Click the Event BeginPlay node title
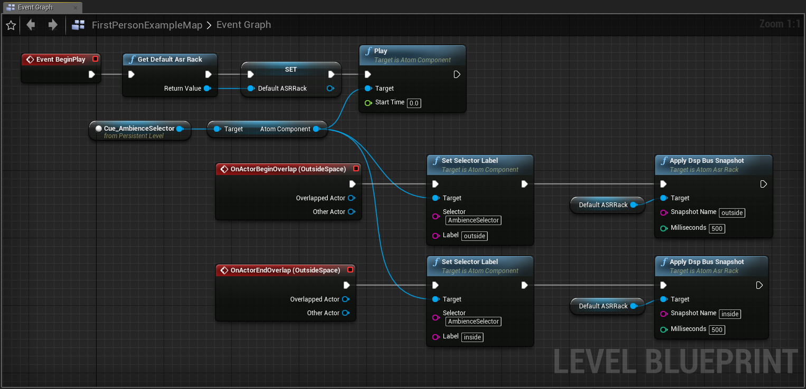tap(61, 59)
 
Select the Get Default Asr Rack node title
tap(170, 59)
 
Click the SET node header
tap(291, 70)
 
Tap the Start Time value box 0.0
tap(414, 103)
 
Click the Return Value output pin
tap(207, 89)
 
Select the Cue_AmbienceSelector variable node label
tap(139, 128)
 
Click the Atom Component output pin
tap(316, 129)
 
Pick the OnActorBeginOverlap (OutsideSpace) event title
tap(288, 169)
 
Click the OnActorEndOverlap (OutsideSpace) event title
tap(286, 270)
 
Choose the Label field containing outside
tap(474, 236)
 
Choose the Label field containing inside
tap(472, 337)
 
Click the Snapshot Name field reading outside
tap(732, 212)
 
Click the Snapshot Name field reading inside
tap(729, 314)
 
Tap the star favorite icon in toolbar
tap(11, 25)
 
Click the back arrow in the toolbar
tap(31, 25)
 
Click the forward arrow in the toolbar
tap(53, 25)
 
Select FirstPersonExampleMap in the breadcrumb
tap(147, 25)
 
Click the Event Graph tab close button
tap(75, 7)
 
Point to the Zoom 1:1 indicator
tap(780, 24)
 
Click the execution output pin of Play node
tap(457, 74)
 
